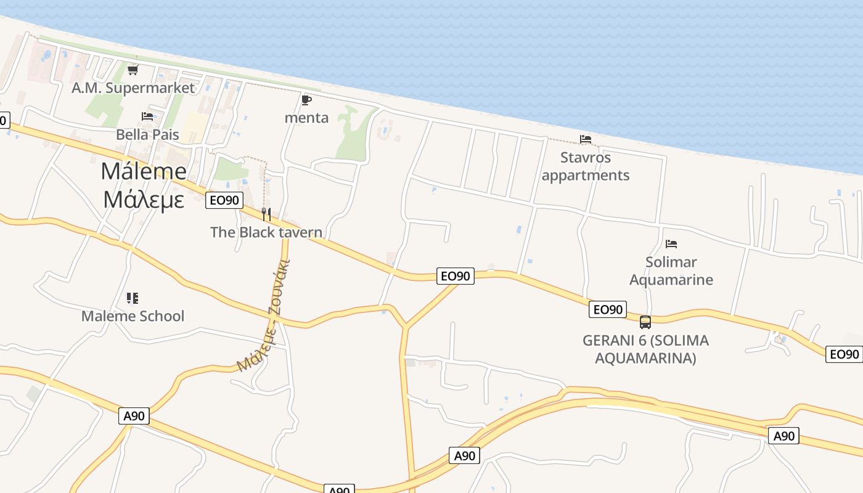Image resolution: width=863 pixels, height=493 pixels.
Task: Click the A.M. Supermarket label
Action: click(133, 88)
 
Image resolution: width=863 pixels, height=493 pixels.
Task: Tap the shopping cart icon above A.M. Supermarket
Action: click(133, 70)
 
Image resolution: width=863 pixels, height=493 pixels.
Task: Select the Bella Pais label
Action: click(147, 134)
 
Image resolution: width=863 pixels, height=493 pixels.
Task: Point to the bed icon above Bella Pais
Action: click(147, 116)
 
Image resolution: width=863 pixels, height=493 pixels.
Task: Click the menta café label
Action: click(306, 118)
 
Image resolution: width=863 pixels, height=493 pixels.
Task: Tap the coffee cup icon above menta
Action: click(306, 100)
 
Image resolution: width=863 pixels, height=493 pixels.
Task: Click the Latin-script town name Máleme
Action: click(144, 171)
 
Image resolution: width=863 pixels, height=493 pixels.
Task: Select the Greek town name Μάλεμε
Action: click(144, 199)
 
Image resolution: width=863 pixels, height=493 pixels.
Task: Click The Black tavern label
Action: click(266, 232)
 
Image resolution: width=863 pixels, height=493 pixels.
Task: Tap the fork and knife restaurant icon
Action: click(266, 214)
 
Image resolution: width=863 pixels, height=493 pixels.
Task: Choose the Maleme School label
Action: click(133, 316)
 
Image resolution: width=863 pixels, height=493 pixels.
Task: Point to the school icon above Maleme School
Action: click(133, 298)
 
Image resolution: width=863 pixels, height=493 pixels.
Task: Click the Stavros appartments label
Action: click(586, 166)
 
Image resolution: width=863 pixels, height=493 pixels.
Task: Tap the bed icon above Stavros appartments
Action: click(586, 139)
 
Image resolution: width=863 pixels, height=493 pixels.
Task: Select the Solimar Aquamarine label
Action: click(671, 271)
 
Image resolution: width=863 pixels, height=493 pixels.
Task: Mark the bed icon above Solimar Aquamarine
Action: click(671, 244)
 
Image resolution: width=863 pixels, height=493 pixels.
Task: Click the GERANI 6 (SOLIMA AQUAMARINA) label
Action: click(645, 349)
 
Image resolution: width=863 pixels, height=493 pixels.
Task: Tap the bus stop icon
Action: click(645, 322)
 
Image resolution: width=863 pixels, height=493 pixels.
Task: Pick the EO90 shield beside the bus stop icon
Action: click(608, 309)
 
